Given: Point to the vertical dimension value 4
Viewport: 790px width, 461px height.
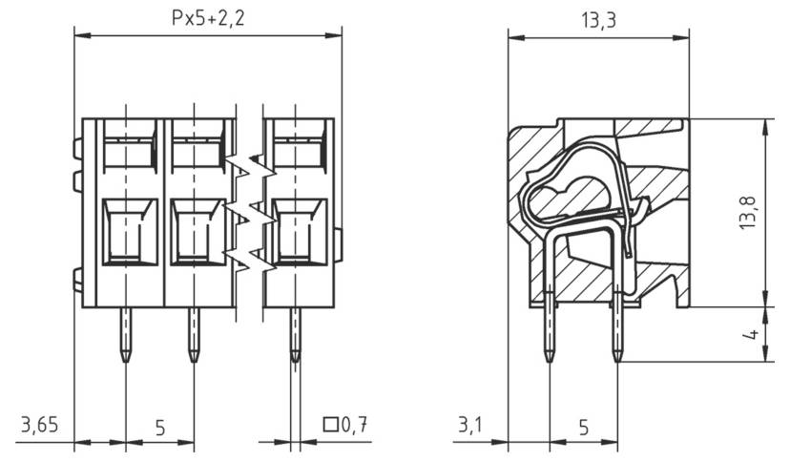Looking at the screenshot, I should (x=751, y=335).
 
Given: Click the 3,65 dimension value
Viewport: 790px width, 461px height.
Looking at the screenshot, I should (x=38, y=426).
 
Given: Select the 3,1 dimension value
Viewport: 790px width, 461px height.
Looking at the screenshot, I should (x=470, y=426).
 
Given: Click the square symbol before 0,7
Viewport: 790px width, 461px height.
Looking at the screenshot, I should (x=332, y=426).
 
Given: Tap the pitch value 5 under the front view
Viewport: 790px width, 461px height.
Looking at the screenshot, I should (x=159, y=428).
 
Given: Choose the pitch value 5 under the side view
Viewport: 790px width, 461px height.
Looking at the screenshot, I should (x=583, y=428).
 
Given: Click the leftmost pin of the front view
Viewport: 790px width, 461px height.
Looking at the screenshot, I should (x=125, y=335).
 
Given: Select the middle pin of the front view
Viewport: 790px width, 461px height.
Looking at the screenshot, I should (x=194, y=335).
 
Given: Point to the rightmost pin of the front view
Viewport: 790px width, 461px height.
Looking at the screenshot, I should (x=295, y=335).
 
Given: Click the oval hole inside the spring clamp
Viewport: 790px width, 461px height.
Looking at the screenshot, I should (x=568, y=197).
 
